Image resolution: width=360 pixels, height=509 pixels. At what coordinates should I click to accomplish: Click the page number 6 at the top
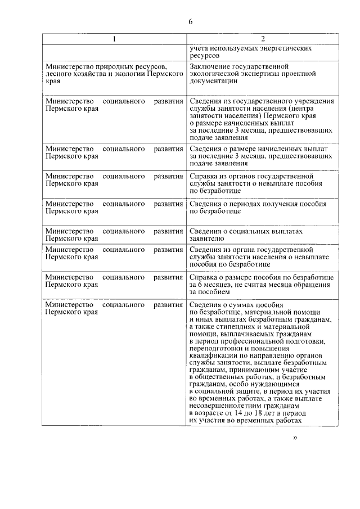pos(190,21)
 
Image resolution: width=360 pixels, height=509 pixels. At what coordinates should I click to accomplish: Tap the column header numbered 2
pos(263,39)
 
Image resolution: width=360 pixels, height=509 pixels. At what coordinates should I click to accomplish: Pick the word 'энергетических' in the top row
pos(285,48)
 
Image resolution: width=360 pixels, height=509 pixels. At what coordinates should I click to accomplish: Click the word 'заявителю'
pos(206,238)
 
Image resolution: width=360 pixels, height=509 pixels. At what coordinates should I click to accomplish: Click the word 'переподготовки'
pos(217,349)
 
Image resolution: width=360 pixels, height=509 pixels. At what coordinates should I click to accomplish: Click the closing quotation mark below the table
pos(295,438)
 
